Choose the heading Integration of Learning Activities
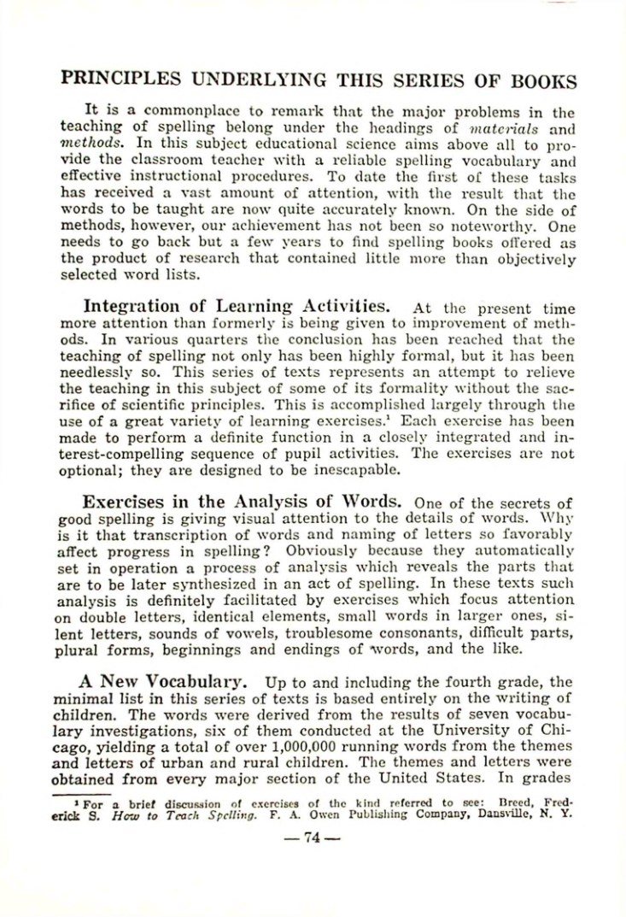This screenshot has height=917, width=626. pyautogui.click(x=237, y=306)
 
